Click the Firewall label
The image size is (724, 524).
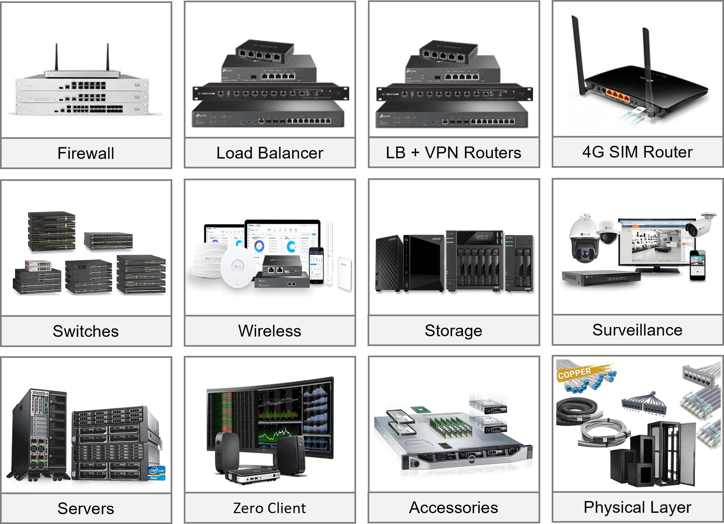point(86,153)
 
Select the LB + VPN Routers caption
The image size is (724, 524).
point(453,153)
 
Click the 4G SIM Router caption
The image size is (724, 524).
point(637,152)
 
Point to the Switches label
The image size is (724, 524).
point(86,331)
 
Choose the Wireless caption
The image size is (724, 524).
point(270,331)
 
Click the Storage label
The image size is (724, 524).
point(453,330)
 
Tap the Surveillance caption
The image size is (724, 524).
point(637,330)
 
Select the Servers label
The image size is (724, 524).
point(86,508)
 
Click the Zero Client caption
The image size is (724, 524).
point(270,508)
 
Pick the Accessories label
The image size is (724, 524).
point(453,507)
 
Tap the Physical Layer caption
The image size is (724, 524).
point(637,507)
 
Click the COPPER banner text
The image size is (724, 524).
point(574,373)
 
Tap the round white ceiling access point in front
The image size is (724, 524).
point(238,268)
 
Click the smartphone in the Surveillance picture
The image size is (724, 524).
point(698,266)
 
